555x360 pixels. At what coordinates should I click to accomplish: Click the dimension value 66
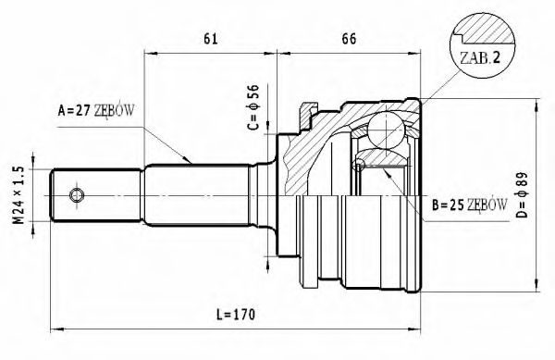pyautogui.click(x=349, y=39)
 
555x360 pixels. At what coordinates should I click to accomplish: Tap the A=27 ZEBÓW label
pyautogui.click(x=96, y=110)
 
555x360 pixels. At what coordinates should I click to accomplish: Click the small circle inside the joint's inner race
pyautogui.click(x=361, y=167)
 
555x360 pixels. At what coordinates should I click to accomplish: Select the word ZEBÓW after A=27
pyautogui.click(x=116, y=110)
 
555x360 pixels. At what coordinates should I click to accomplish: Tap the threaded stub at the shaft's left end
pyautogui.click(x=79, y=196)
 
